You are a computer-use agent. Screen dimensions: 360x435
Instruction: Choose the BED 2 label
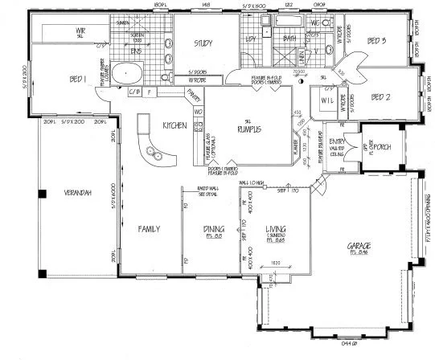click(x=380, y=98)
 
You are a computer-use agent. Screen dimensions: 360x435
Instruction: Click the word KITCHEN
click(x=175, y=126)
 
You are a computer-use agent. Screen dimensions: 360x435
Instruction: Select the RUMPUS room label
click(x=247, y=128)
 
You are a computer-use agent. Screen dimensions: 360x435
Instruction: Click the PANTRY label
click(x=192, y=95)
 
